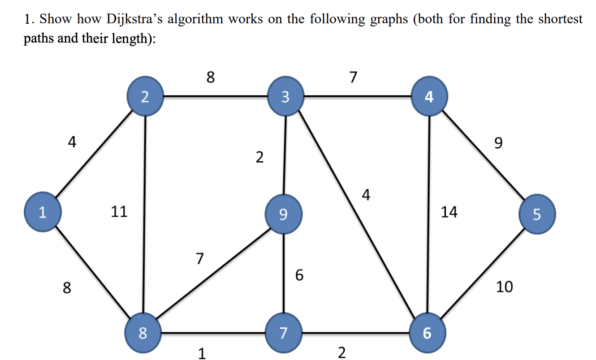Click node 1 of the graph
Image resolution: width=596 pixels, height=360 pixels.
coord(43,213)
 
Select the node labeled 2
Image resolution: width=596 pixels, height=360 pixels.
coord(146,97)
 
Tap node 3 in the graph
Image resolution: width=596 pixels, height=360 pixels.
coord(285,96)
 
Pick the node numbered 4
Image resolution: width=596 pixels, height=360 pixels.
coord(429,96)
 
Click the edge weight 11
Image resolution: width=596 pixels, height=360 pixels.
coord(119,211)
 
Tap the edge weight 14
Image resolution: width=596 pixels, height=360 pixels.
coord(449,211)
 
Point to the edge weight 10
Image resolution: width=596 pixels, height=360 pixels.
coord(504,286)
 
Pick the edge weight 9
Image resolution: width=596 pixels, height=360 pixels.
coord(498,143)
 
